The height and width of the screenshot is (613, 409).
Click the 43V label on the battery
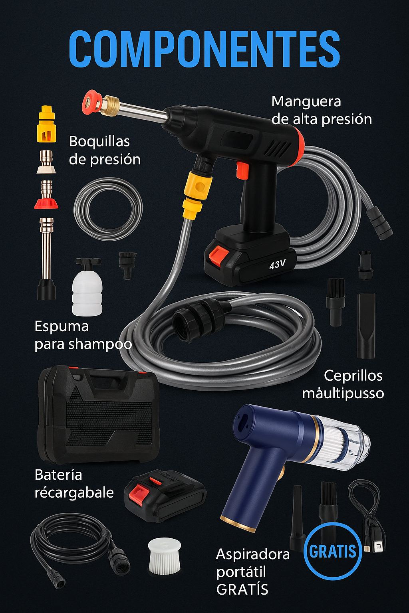pyautogui.click(x=277, y=264)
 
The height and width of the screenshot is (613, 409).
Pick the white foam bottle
pyautogui.click(x=87, y=287)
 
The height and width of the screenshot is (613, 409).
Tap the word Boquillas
pyautogui.click(x=99, y=142)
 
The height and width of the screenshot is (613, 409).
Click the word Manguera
pyautogui.click(x=306, y=102)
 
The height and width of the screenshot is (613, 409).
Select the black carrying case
pyautogui.click(x=99, y=415)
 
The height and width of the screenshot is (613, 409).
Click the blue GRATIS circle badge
pyautogui.click(x=333, y=551)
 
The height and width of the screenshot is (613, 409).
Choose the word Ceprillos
pyautogui.click(x=353, y=376)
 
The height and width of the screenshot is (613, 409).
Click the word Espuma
pyautogui.click(x=62, y=326)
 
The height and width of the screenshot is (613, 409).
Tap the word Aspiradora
pyautogui.click(x=252, y=554)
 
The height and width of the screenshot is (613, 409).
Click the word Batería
pyautogui.click(x=58, y=475)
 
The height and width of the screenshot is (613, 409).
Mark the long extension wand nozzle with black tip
pyautogui.click(x=47, y=259)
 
